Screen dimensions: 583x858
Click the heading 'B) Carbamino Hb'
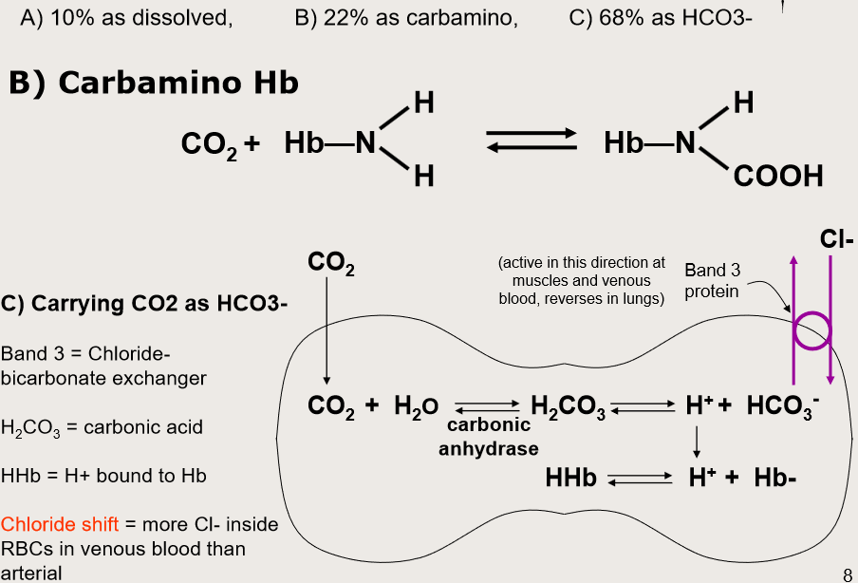click(x=154, y=84)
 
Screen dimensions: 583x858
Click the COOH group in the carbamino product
click(x=777, y=177)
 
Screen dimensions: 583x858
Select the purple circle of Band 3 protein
click(x=811, y=331)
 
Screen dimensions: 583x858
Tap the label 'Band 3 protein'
click(x=712, y=280)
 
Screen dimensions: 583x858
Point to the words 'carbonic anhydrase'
click(x=489, y=437)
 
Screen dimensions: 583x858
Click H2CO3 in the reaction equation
click(x=569, y=407)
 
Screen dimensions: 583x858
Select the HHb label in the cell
click(x=570, y=478)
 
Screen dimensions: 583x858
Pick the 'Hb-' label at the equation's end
click(x=774, y=478)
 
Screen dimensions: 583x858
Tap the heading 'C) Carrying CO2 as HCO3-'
click(x=144, y=304)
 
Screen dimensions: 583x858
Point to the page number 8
click(x=847, y=574)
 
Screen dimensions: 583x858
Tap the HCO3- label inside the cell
click(x=783, y=406)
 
